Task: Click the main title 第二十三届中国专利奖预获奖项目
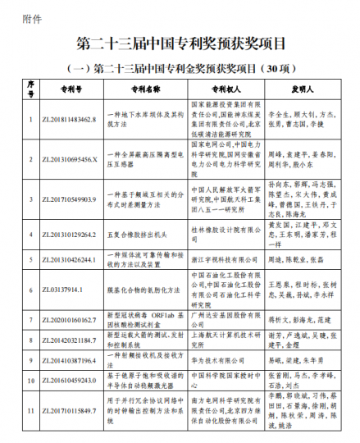180,42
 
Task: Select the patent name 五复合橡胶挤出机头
129,233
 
